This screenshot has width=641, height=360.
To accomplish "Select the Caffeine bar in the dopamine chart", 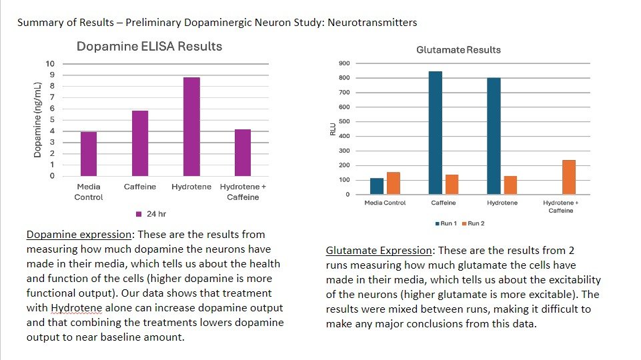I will (140, 143).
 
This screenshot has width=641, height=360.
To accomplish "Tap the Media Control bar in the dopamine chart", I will (89, 154).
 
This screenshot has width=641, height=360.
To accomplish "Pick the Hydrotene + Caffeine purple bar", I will (243, 153).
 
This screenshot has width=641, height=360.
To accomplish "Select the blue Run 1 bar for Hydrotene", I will (494, 136).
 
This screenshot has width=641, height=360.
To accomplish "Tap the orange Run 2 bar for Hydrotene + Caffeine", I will (568, 177).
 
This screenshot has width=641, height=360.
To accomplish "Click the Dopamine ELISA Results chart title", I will (149, 47).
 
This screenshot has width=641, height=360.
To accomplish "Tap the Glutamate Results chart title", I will (458, 50).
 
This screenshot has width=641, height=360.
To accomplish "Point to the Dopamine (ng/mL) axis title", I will (38, 120).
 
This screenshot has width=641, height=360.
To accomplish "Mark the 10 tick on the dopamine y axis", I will (50, 64).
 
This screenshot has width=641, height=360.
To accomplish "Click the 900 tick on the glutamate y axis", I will (344, 64).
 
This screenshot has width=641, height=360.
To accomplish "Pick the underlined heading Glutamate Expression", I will (378, 251).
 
